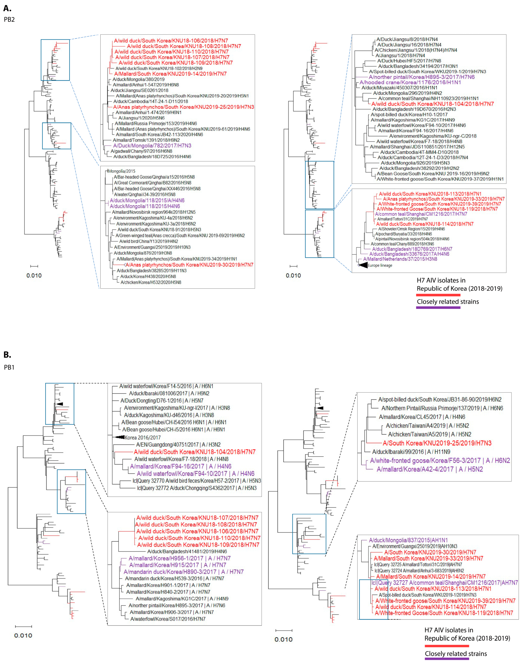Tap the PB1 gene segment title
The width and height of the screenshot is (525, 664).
coord(9,367)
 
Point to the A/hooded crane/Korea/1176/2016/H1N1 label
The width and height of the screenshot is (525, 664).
coord(410,82)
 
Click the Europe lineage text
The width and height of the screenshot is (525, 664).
coord(380,265)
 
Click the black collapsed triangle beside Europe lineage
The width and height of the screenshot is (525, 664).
coord(363,265)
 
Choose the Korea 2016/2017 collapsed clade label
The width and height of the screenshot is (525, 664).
coord(143,437)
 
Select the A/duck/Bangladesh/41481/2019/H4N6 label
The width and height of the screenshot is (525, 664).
coord(187,551)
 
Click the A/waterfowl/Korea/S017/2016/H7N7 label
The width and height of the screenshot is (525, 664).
coord(168,619)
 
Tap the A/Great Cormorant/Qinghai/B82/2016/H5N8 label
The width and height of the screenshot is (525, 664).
coord(153,183)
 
